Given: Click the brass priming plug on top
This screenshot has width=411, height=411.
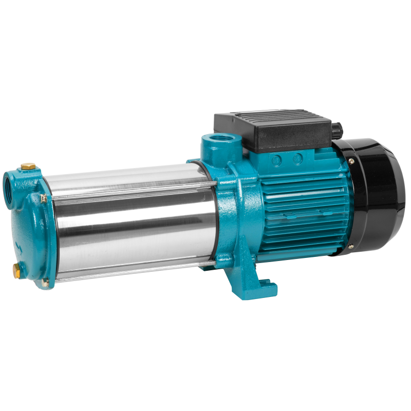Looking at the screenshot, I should (29, 166).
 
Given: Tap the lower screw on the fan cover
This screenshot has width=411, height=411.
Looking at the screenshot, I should (351, 247).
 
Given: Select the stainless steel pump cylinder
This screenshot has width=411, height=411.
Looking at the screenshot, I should (128, 221).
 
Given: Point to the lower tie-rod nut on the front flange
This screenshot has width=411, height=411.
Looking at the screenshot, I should (45, 281).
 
